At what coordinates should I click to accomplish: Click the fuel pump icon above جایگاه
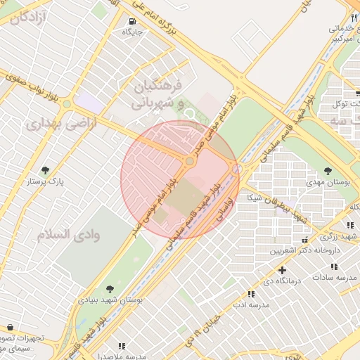point(133,21)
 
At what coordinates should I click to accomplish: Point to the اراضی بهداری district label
point(54,124)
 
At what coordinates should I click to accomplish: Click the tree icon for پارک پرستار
point(46,169)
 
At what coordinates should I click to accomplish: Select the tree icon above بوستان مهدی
point(328,170)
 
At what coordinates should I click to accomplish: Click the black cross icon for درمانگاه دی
point(282,270)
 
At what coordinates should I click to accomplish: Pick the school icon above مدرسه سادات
point(334,266)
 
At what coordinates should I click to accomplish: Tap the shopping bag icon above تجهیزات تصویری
point(9,327)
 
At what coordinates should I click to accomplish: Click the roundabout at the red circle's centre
point(189,162)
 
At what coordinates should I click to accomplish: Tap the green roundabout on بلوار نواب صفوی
point(67,104)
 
